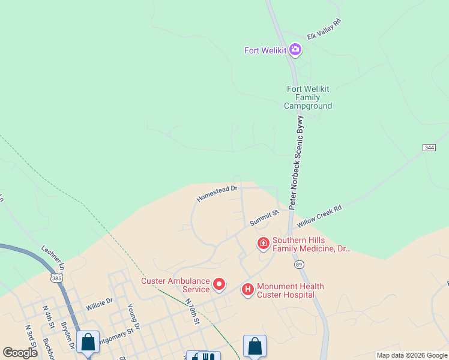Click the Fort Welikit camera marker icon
pyautogui.click(x=295, y=50)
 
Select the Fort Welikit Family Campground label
pyautogui.click(x=308, y=97)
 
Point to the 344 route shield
pyautogui.click(x=429, y=147)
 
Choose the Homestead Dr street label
pyautogui.click(x=217, y=193)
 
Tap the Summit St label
pyautogui.click(x=265, y=217)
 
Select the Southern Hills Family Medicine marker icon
pyautogui.click(x=263, y=243)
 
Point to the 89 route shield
pyautogui.click(x=298, y=264)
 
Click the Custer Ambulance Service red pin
pyautogui.click(x=219, y=284)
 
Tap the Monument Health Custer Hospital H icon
pyautogui.click(x=247, y=290)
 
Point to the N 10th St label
pyautogui.click(x=191, y=311)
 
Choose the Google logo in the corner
pyautogui.click(x=20, y=353)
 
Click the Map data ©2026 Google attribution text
pyautogui.click(x=411, y=355)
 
